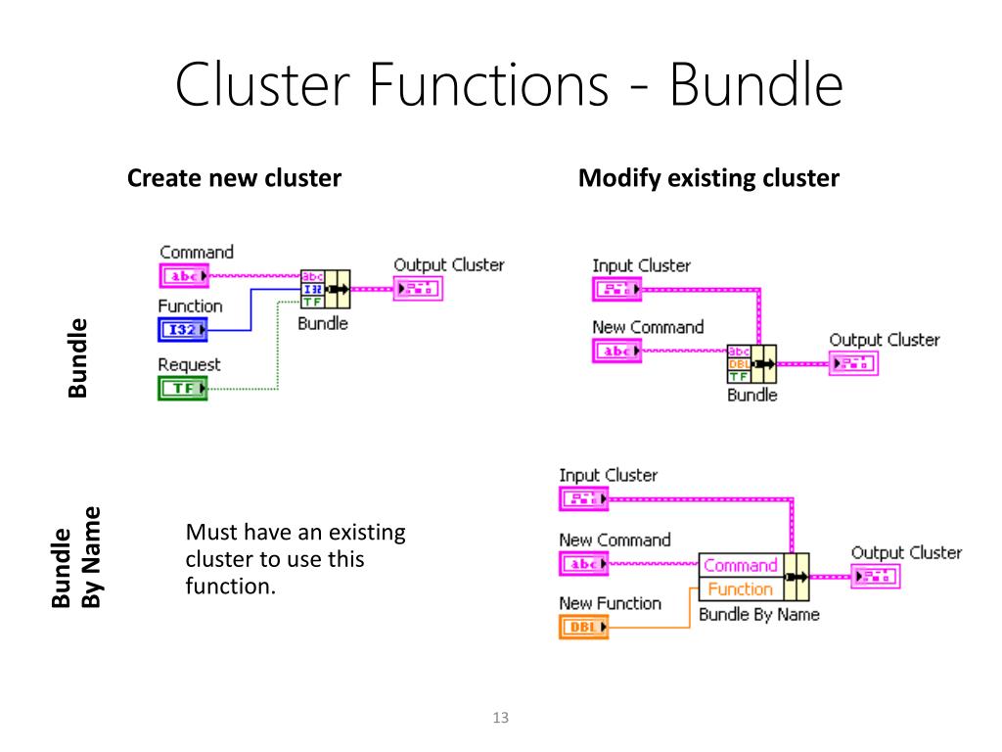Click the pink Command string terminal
[x=184, y=276]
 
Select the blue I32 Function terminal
[x=183, y=329]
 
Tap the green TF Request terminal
[x=183, y=388]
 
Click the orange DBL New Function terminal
[x=583, y=627]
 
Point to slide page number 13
[x=501, y=718]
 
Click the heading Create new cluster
[x=235, y=178]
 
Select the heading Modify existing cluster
[x=708, y=178]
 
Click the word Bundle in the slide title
[x=756, y=84]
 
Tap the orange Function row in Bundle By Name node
[x=741, y=588]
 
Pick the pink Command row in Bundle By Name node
[x=741, y=565]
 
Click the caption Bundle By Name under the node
[x=759, y=615]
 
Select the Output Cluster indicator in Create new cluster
[x=418, y=289]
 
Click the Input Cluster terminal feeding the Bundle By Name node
[x=583, y=498]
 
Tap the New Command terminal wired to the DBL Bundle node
[x=616, y=352]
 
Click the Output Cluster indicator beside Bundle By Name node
[x=876, y=577]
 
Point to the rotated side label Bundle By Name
[x=76, y=557]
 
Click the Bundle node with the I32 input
[x=325, y=289]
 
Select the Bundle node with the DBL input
[x=752, y=364]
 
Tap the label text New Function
[x=611, y=603]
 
